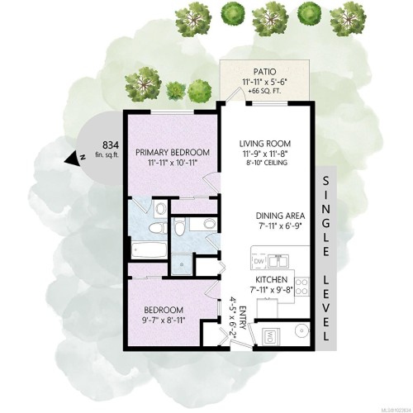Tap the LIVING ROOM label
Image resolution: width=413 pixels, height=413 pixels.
256,142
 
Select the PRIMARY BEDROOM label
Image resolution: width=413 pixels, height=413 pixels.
173,152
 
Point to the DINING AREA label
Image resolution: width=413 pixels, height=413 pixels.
261,213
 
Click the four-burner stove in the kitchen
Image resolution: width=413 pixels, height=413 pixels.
302,288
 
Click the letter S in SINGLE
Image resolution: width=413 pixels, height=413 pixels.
326,182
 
